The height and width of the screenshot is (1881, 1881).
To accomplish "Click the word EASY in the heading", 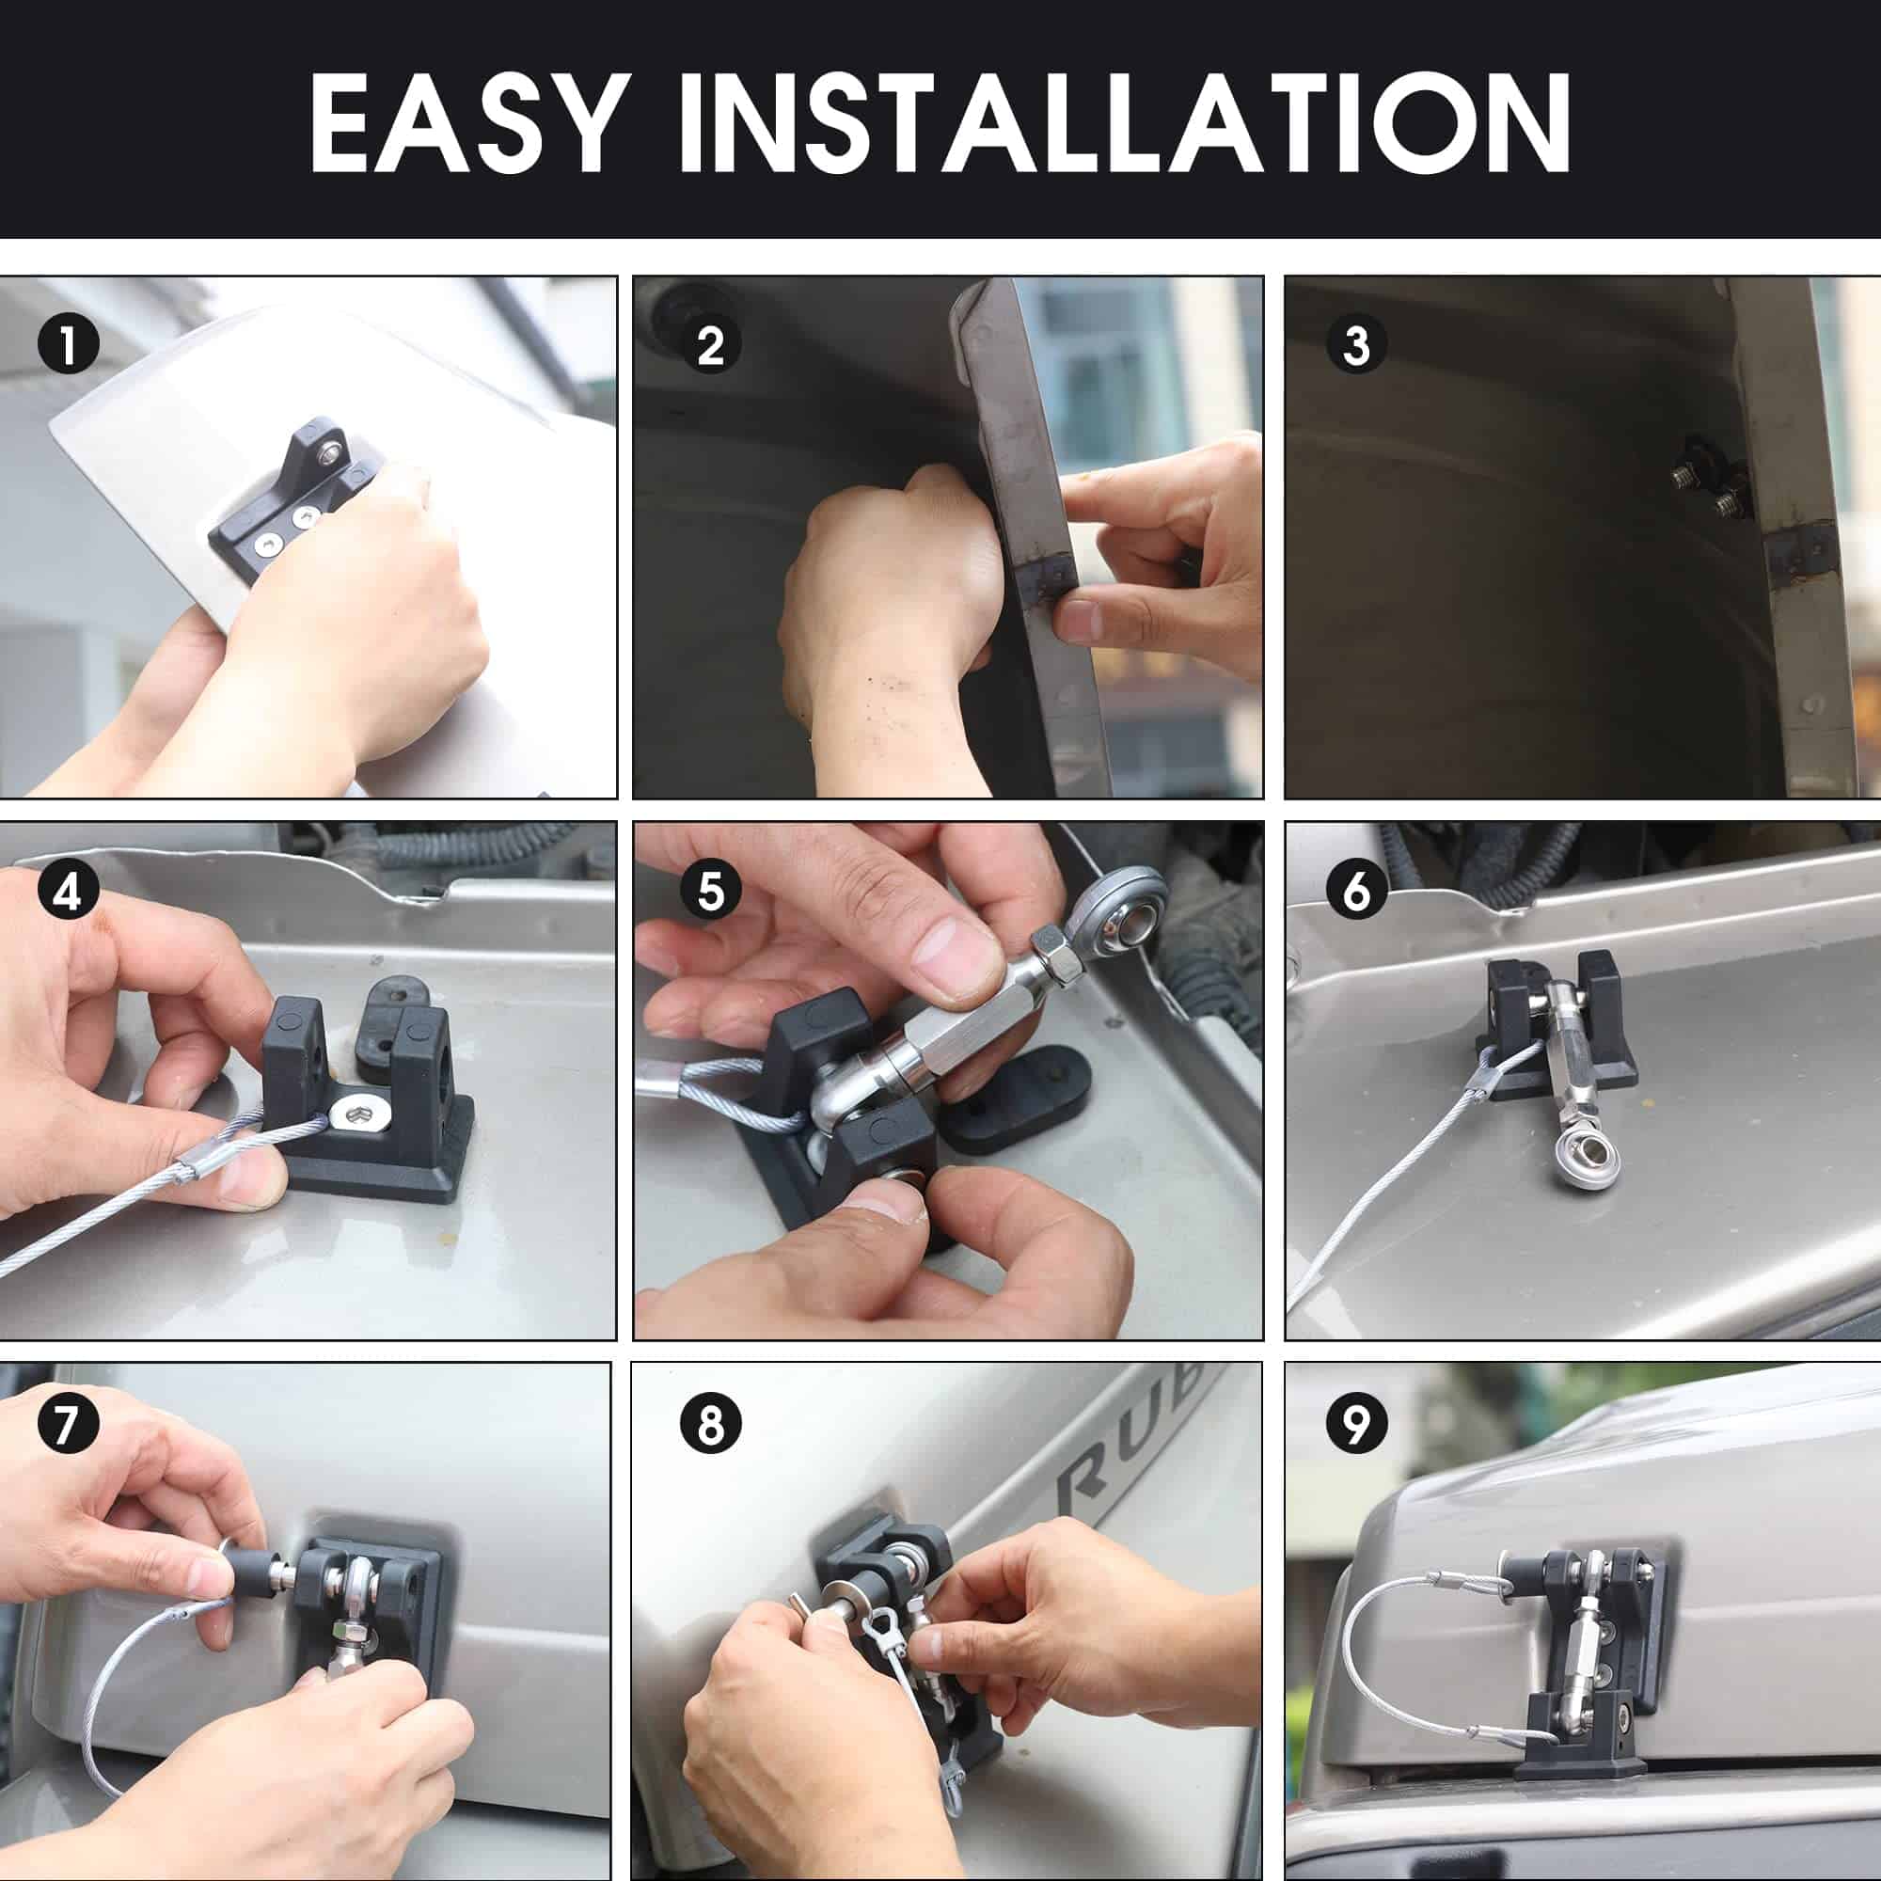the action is (x=466, y=122).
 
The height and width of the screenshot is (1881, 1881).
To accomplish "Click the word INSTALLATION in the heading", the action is (x=1125, y=122).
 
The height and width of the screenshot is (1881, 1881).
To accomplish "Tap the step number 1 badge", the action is (x=68, y=344).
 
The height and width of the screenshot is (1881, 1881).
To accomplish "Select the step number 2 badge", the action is (x=711, y=344).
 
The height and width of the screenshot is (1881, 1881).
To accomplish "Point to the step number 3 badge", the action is (x=1356, y=344).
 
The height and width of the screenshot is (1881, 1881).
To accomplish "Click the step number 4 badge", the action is (x=68, y=890).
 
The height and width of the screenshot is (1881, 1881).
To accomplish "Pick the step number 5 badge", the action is (x=711, y=890).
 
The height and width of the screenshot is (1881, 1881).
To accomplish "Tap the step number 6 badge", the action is (x=1356, y=890).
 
